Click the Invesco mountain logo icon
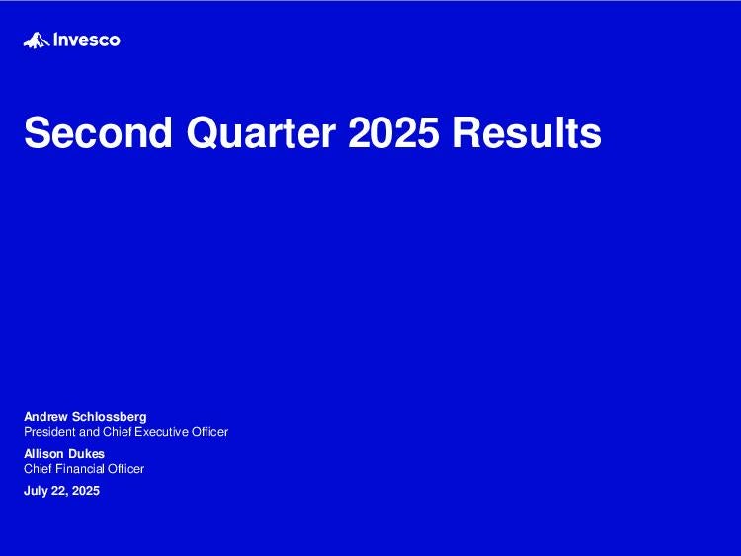pyautogui.click(x=37, y=40)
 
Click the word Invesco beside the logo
pyautogui.click(x=87, y=40)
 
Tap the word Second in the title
pyautogui.click(x=98, y=132)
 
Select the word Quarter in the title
pyautogui.click(x=262, y=132)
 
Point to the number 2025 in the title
pyautogui.click(x=393, y=132)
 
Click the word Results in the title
pyautogui.click(x=527, y=132)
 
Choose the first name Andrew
pyautogui.click(x=45, y=417)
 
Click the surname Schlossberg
pyautogui.click(x=109, y=417)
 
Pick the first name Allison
pyautogui.click(x=39, y=454)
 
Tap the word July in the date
pyautogui.click(x=36, y=491)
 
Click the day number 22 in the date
pyautogui.click(x=58, y=491)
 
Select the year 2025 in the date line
pyautogui.click(x=86, y=491)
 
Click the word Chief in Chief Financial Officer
pyautogui.click(x=38, y=469)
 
